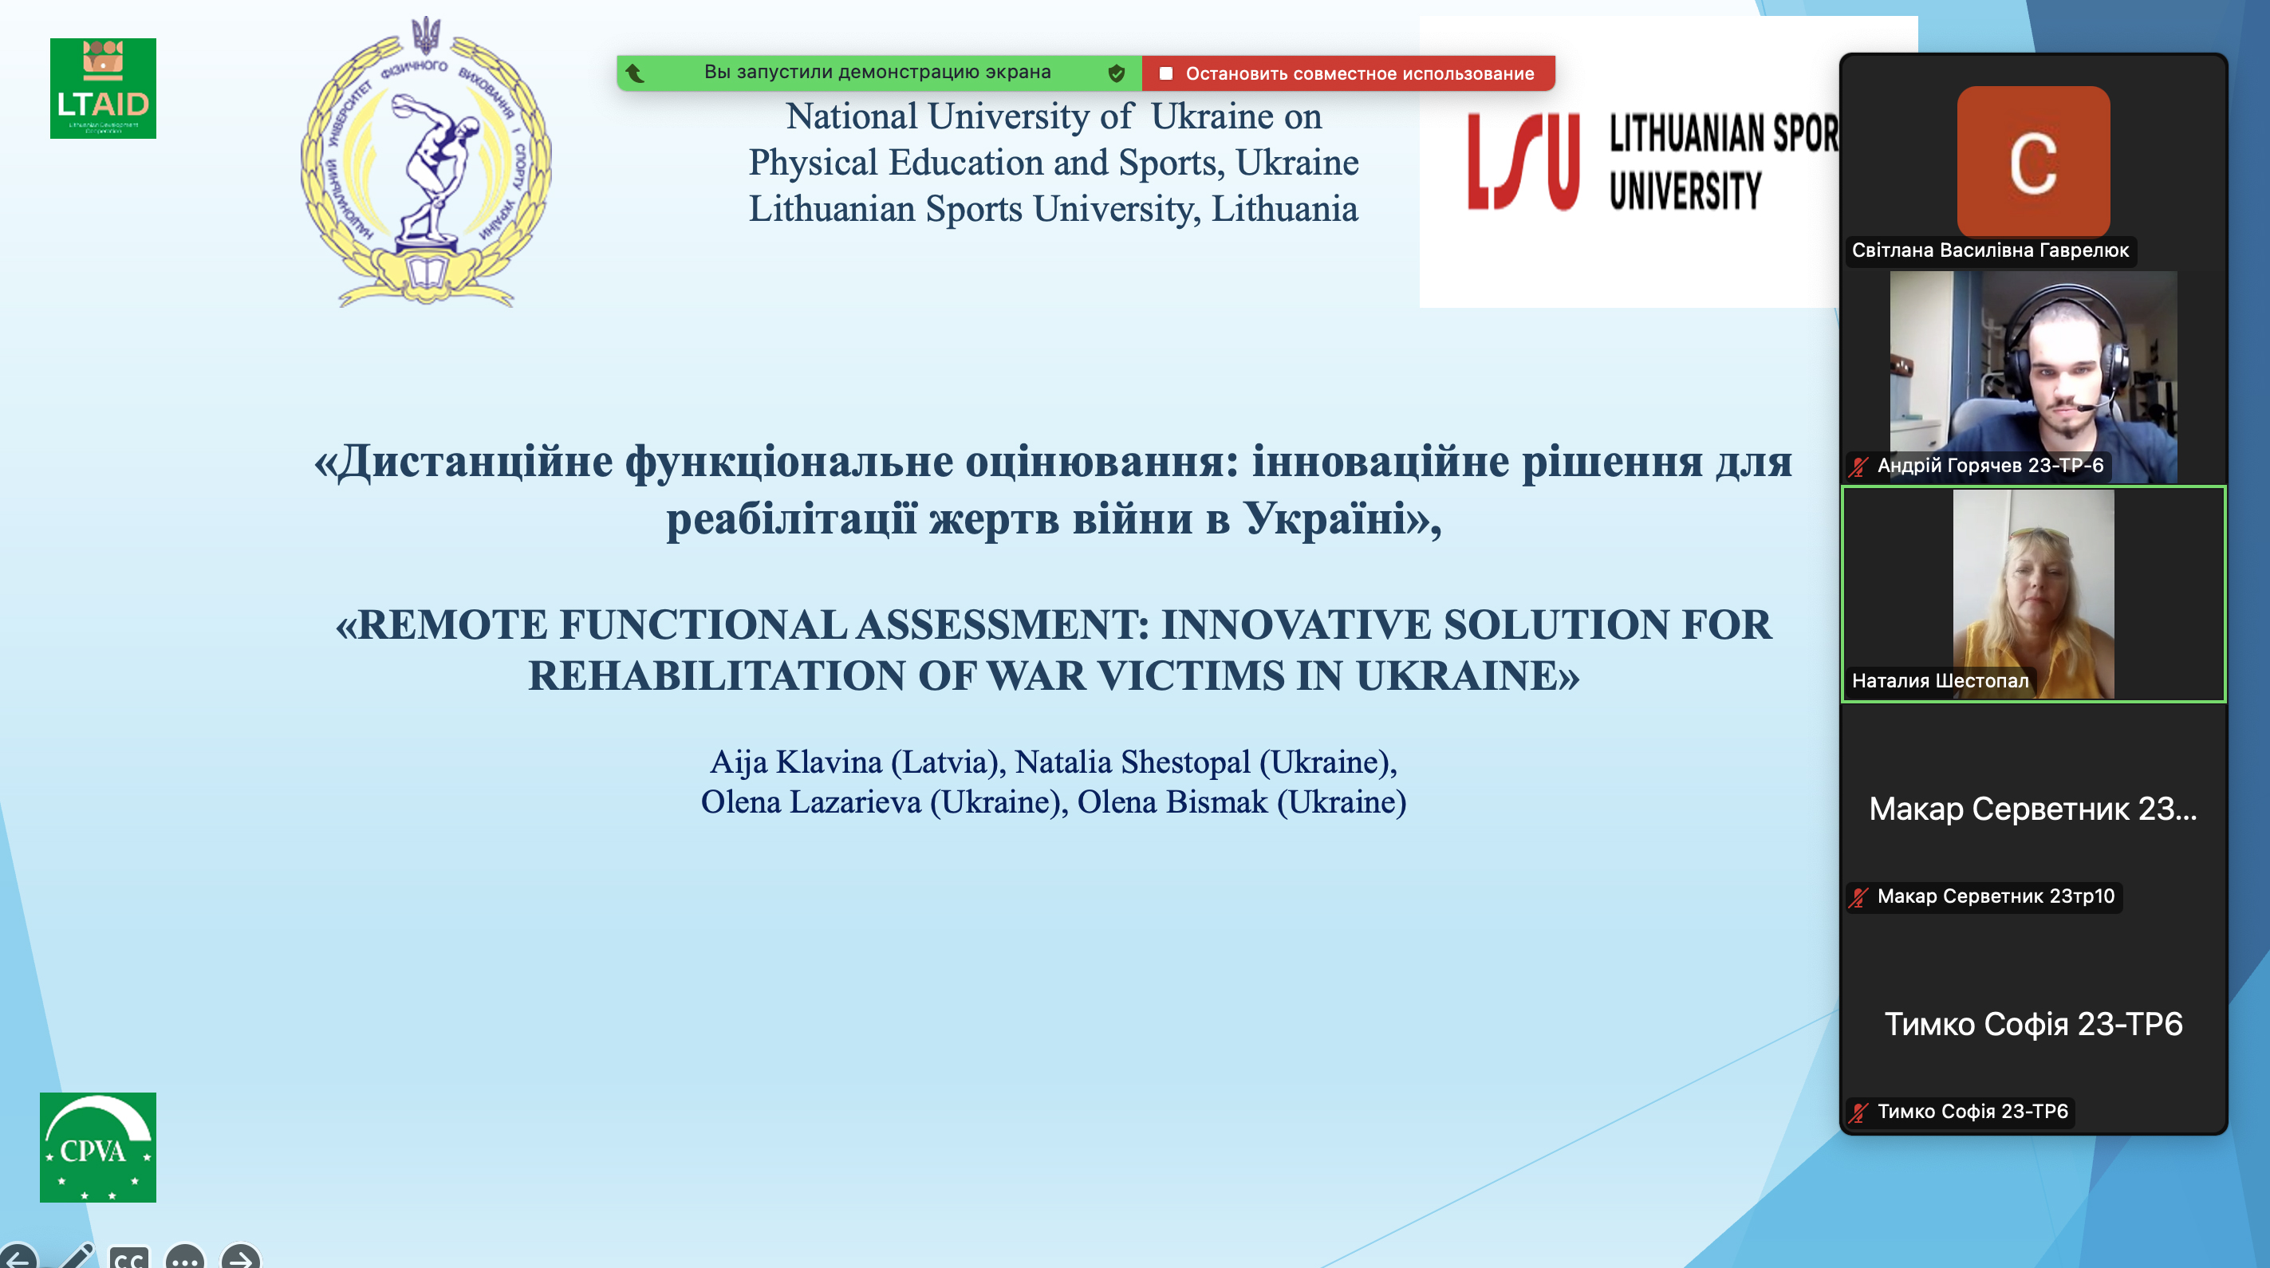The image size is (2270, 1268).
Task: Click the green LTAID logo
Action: (x=103, y=88)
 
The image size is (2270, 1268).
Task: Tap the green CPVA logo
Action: (x=98, y=1148)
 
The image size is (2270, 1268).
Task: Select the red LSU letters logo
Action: (x=1523, y=162)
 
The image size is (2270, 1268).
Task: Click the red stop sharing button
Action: (x=1348, y=73)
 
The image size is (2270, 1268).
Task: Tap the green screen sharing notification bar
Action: (x=878, y=73)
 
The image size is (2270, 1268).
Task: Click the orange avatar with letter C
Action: (x=2033, y=161)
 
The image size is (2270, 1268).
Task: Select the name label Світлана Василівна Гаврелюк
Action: (x=1990, y=250)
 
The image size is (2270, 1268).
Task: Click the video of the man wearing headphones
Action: (x=2033, y=377)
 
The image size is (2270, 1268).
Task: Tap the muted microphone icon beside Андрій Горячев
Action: (x=1858, y=467)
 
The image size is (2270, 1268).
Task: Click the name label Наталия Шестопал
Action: (x=1940, y=680)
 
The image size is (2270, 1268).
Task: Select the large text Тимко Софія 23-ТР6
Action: (x=2033, y=1024)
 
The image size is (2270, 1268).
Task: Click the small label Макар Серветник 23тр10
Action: (x=1995, y=896)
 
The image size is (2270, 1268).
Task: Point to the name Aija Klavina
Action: (x=796, y=762)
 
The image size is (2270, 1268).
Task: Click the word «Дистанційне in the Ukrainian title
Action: (x=463, y=461)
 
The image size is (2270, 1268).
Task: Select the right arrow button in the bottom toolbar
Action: (x=240, y=1258)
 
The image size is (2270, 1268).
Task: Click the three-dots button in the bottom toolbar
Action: (x=184, y=1258)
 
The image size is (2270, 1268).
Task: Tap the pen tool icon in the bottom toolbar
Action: (x=76, y=1257)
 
